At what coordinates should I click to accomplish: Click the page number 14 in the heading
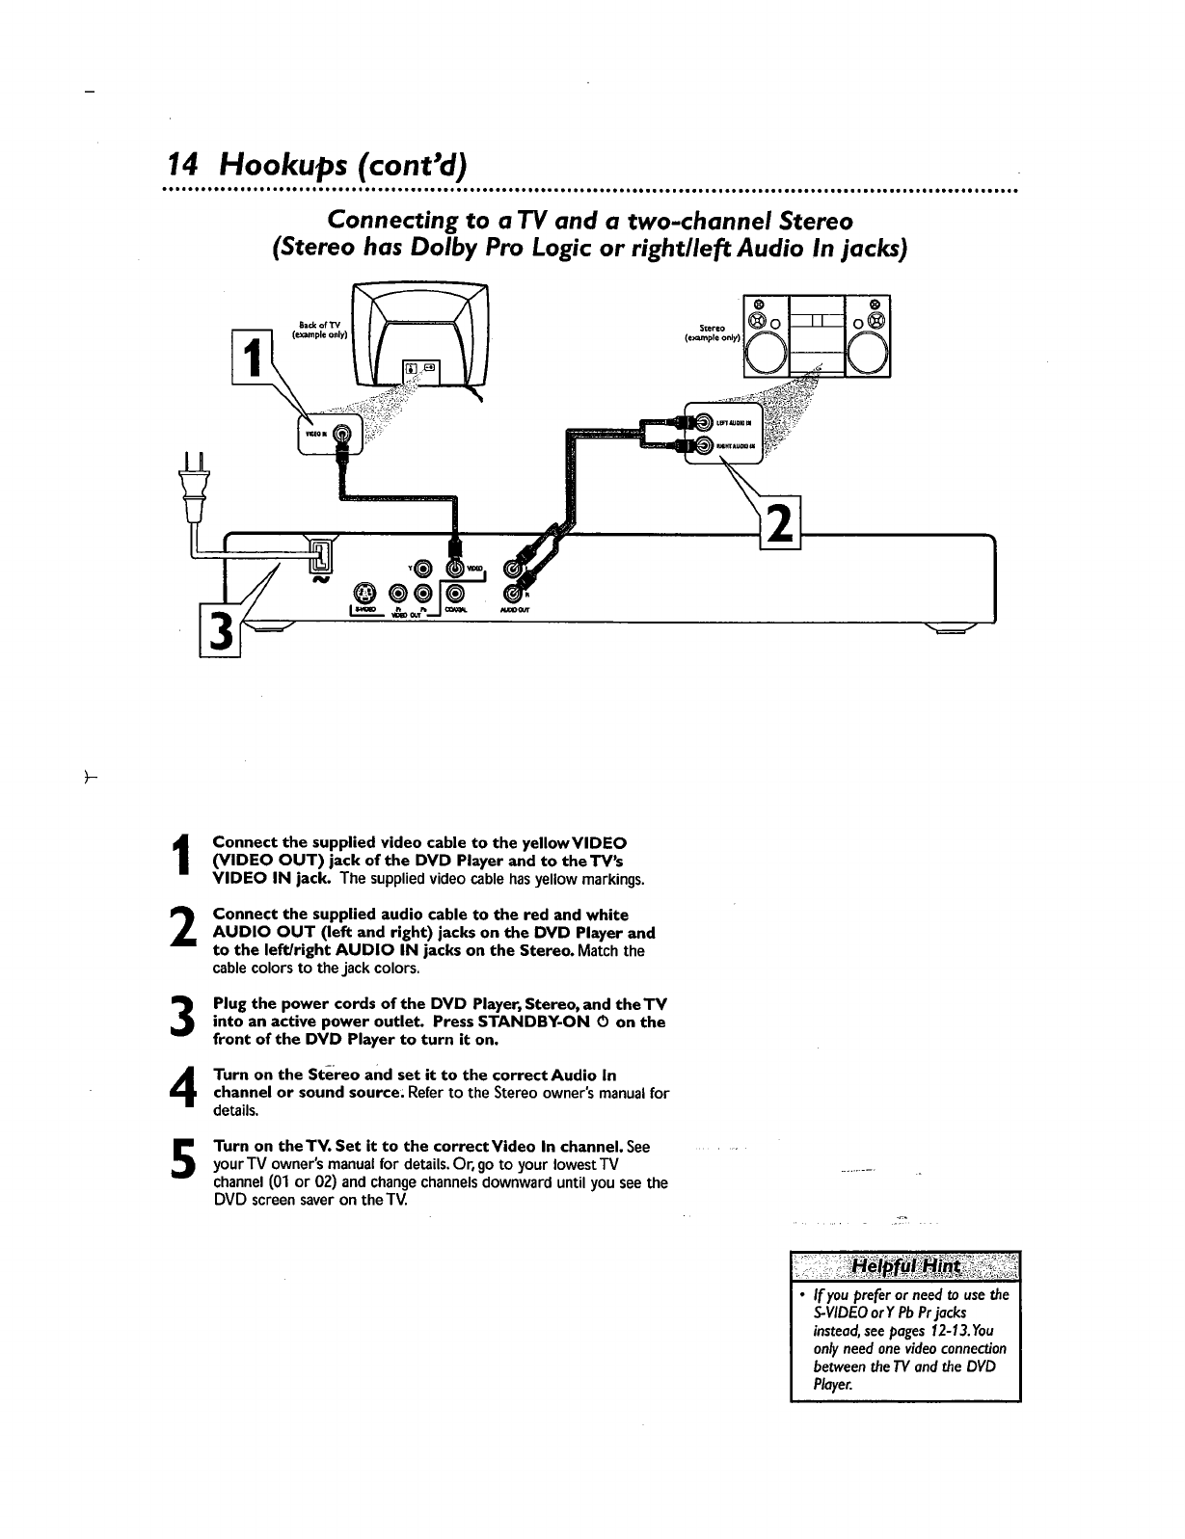[183, 166]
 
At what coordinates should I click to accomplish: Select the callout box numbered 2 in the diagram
[782, 525]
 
